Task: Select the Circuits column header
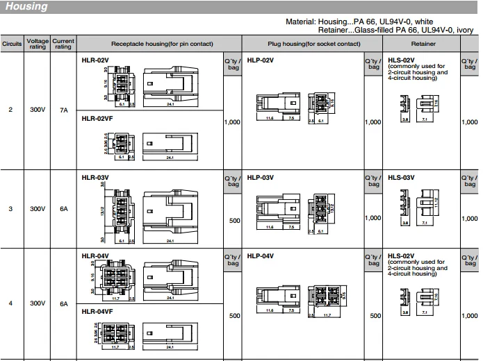(12, 44)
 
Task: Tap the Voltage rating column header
(38, 44)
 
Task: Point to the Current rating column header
(63, 44)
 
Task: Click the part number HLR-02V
(95, 60)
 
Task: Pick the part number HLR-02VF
(97, 118)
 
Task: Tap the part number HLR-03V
(95, 178)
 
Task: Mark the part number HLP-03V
(261, 178)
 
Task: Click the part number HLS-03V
(401, 178)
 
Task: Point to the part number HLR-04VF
(97, 312)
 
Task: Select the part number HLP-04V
(261, 255)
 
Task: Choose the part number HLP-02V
(261, 60)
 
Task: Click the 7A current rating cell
(63, 110)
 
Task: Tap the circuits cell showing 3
(10, 208)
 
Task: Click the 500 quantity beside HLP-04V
(375, 316)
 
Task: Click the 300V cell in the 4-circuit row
(38, 303)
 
